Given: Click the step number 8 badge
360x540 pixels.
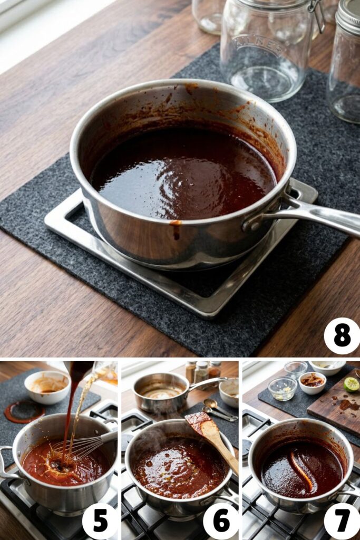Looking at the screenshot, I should coord(342,335).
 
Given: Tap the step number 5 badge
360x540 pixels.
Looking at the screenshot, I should coord(100,521).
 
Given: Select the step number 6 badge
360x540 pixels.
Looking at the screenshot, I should coord(220,521).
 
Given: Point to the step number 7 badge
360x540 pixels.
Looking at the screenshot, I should coord(342,521).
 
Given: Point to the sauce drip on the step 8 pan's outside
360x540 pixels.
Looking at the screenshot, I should coord(176,229).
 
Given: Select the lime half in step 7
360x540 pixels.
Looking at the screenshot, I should coord(352,384).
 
